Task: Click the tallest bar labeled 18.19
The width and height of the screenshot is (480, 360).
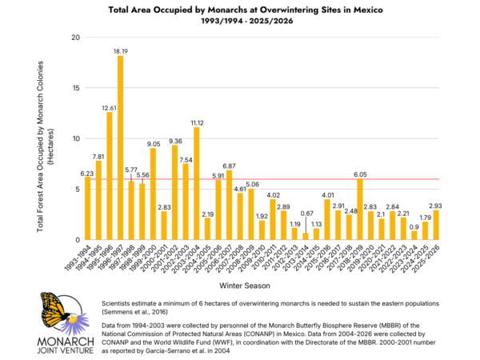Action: pos(121,148)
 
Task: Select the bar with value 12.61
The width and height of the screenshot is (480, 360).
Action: pos(110,176)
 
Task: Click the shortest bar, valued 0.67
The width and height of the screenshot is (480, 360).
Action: pos(305,236)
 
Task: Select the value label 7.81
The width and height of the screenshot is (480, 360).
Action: pos(99,156)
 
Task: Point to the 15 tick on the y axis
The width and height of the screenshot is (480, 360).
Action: pos(75,88)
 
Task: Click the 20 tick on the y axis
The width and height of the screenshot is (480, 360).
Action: pos(75,38)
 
